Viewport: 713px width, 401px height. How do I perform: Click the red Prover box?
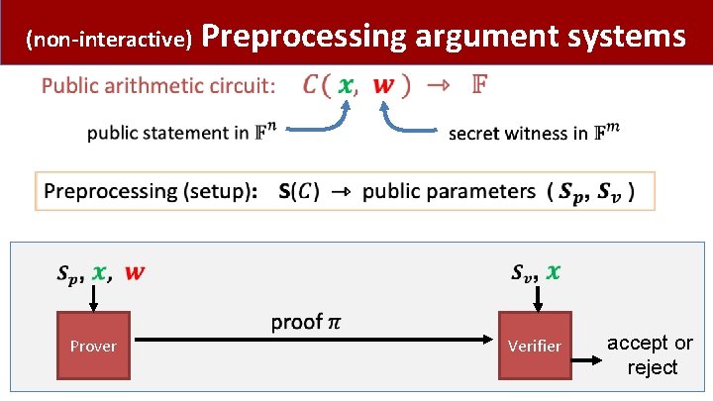coord(92,346)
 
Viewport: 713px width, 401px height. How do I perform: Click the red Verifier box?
coord(534,346)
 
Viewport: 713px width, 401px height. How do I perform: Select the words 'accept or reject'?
coord(651,355)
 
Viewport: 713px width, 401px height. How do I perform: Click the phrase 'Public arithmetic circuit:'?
coord(158,86)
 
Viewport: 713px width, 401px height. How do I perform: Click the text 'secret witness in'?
coord(519,133)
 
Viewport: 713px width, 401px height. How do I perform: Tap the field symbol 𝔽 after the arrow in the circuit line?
coord(478,84)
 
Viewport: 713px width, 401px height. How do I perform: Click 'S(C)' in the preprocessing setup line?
coord(298,191)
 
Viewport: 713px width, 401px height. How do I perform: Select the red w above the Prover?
coord(134,271)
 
